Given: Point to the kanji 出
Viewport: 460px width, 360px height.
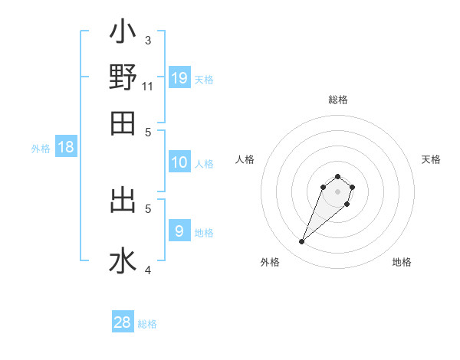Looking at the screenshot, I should (x=123, y=201).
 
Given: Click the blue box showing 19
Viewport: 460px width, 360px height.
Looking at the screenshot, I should (x=179, y=78).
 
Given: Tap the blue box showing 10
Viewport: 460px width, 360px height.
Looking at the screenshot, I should (x=179, y=162).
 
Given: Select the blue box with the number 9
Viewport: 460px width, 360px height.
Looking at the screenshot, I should (x=179, y=231).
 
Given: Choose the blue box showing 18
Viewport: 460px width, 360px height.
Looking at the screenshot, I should (x=66, y=148).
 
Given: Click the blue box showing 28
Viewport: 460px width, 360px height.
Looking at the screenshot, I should (x=123, y=322).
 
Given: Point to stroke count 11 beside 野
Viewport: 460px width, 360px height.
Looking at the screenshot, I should (x=148, y=87).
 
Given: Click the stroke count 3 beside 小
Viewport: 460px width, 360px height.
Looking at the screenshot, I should (x=148, y=40).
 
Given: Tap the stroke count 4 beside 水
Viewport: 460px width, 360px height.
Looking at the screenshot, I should (x=148, y=270).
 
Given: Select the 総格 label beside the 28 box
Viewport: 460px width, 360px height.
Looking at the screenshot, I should (x=147, y=324).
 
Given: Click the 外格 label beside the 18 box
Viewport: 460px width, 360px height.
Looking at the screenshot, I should (x=41, y=149).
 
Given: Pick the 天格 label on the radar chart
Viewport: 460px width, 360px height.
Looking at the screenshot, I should (x=431, y=159).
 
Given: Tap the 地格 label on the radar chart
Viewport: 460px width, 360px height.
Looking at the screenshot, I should (x=402, y=262).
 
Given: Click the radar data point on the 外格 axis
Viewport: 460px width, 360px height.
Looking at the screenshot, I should (x=301, y=242).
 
